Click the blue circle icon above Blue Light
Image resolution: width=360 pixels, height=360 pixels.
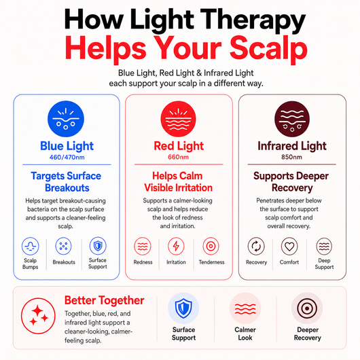tap(66, 119)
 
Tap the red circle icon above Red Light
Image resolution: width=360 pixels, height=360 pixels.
tap(178, 119)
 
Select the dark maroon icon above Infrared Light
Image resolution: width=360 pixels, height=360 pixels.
tap(292, 119)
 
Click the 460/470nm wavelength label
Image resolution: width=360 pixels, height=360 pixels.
tap(67, 158)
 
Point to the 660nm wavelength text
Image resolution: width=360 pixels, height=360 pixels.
tap(179, 157)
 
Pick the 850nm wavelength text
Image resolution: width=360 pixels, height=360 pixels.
tap(292, 157)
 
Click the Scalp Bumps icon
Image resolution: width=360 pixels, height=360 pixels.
tap(31, 246)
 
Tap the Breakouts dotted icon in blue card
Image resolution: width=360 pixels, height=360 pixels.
tap(64, 246)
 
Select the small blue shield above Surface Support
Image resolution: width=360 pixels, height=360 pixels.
tap(98, 246)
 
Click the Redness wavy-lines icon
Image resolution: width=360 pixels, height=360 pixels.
tap(143, 247)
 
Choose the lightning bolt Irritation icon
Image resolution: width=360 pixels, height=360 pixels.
tap(176, 247)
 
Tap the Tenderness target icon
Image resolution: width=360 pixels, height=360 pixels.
tap(211, 247)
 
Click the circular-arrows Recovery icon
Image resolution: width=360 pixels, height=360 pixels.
tap(256, 247)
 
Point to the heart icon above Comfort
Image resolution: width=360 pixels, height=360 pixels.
tap(289, 247)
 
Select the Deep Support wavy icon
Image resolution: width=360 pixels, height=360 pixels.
tap(324, 247)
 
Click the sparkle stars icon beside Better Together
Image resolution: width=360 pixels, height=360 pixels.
tap(38, 316)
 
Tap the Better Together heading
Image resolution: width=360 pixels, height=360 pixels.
tap(104, 300)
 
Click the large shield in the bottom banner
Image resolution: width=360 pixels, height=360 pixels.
tap(183, 308)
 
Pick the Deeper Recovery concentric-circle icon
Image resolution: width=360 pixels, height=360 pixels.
tap(307, 308)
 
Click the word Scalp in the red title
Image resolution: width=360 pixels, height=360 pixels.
tap(268, 49)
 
